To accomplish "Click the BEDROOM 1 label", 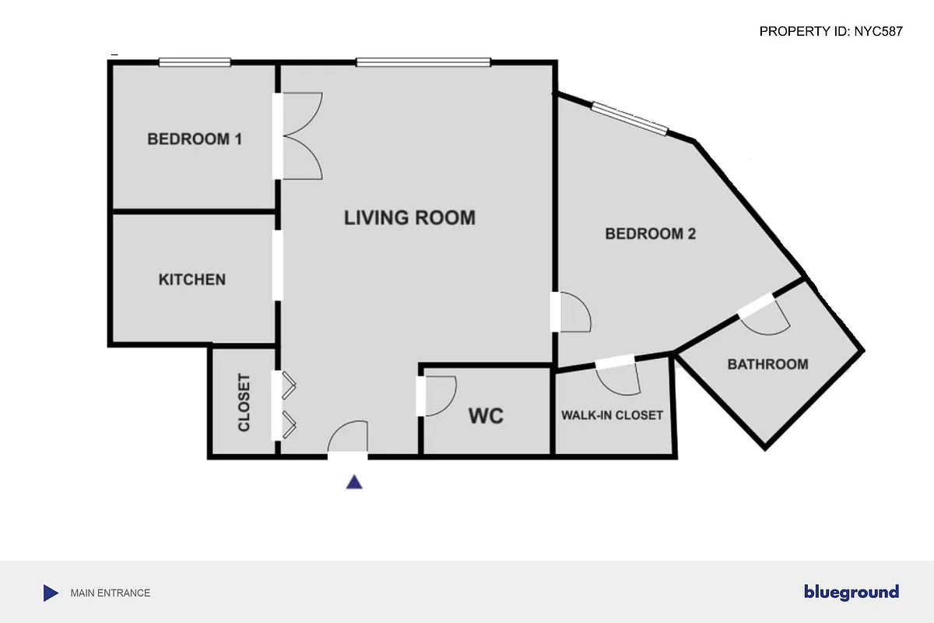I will coord(195,139).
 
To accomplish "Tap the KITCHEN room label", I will coord(192,279).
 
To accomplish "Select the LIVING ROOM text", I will coord(409,217).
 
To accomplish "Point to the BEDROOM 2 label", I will coord(650,234).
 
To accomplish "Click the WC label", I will coord(486,416).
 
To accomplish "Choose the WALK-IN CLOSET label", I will coord(612,415).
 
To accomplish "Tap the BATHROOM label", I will coord(767,364).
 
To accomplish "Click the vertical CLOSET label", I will coord(244,403).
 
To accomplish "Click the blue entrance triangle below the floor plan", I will coord(354,482).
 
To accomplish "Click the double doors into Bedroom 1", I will coord(300,136).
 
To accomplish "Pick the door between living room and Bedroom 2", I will coord(572,311).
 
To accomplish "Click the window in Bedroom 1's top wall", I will coord(195,62).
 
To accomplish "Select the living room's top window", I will coord(423,62).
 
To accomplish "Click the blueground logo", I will coord(851,593).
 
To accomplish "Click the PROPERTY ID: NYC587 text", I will coord(830,32).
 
